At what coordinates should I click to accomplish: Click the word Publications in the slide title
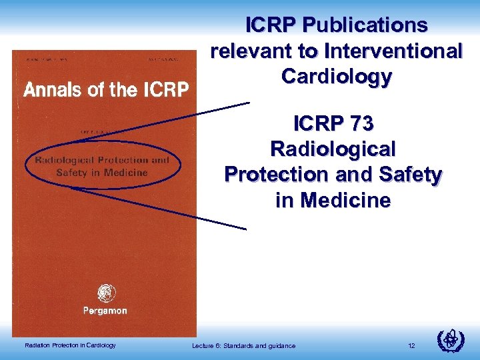365,25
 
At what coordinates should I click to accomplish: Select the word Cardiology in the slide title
337,77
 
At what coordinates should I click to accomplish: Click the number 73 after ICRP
359,123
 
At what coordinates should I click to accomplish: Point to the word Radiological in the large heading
333,149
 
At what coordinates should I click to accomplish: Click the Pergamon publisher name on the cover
105,311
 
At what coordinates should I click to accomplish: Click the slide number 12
412,345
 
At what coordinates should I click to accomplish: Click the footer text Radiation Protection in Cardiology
70,345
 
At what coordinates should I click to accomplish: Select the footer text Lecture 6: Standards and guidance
243,345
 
